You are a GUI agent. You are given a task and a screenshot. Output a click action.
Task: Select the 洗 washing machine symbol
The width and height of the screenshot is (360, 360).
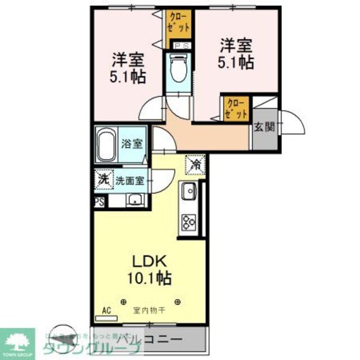click(x=103, y=180)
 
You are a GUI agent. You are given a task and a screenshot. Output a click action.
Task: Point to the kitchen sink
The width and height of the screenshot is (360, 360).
click(x=187, y=192)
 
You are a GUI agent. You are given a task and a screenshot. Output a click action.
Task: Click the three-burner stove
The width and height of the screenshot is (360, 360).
click(x=187, y=222)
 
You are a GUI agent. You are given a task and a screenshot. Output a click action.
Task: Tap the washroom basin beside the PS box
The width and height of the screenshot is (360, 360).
click(x=134, y=199)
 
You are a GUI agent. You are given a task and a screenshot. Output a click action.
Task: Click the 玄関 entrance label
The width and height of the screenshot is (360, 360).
click(x=264, y=127)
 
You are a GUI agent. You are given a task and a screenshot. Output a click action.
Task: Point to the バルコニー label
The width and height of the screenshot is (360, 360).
click(x=149, y=340)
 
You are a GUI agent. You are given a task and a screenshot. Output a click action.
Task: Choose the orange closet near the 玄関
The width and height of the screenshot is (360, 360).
click(x=236, y=107)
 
